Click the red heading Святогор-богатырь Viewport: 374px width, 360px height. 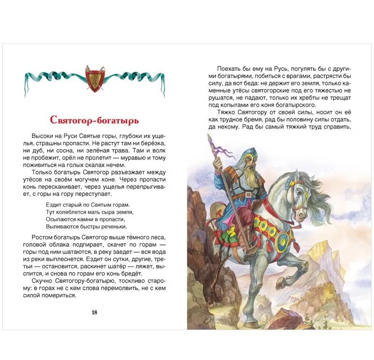pyautogui.click(x=94, y=121)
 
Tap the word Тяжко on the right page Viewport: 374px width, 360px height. pyautogui.click(x=227, y=112)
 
